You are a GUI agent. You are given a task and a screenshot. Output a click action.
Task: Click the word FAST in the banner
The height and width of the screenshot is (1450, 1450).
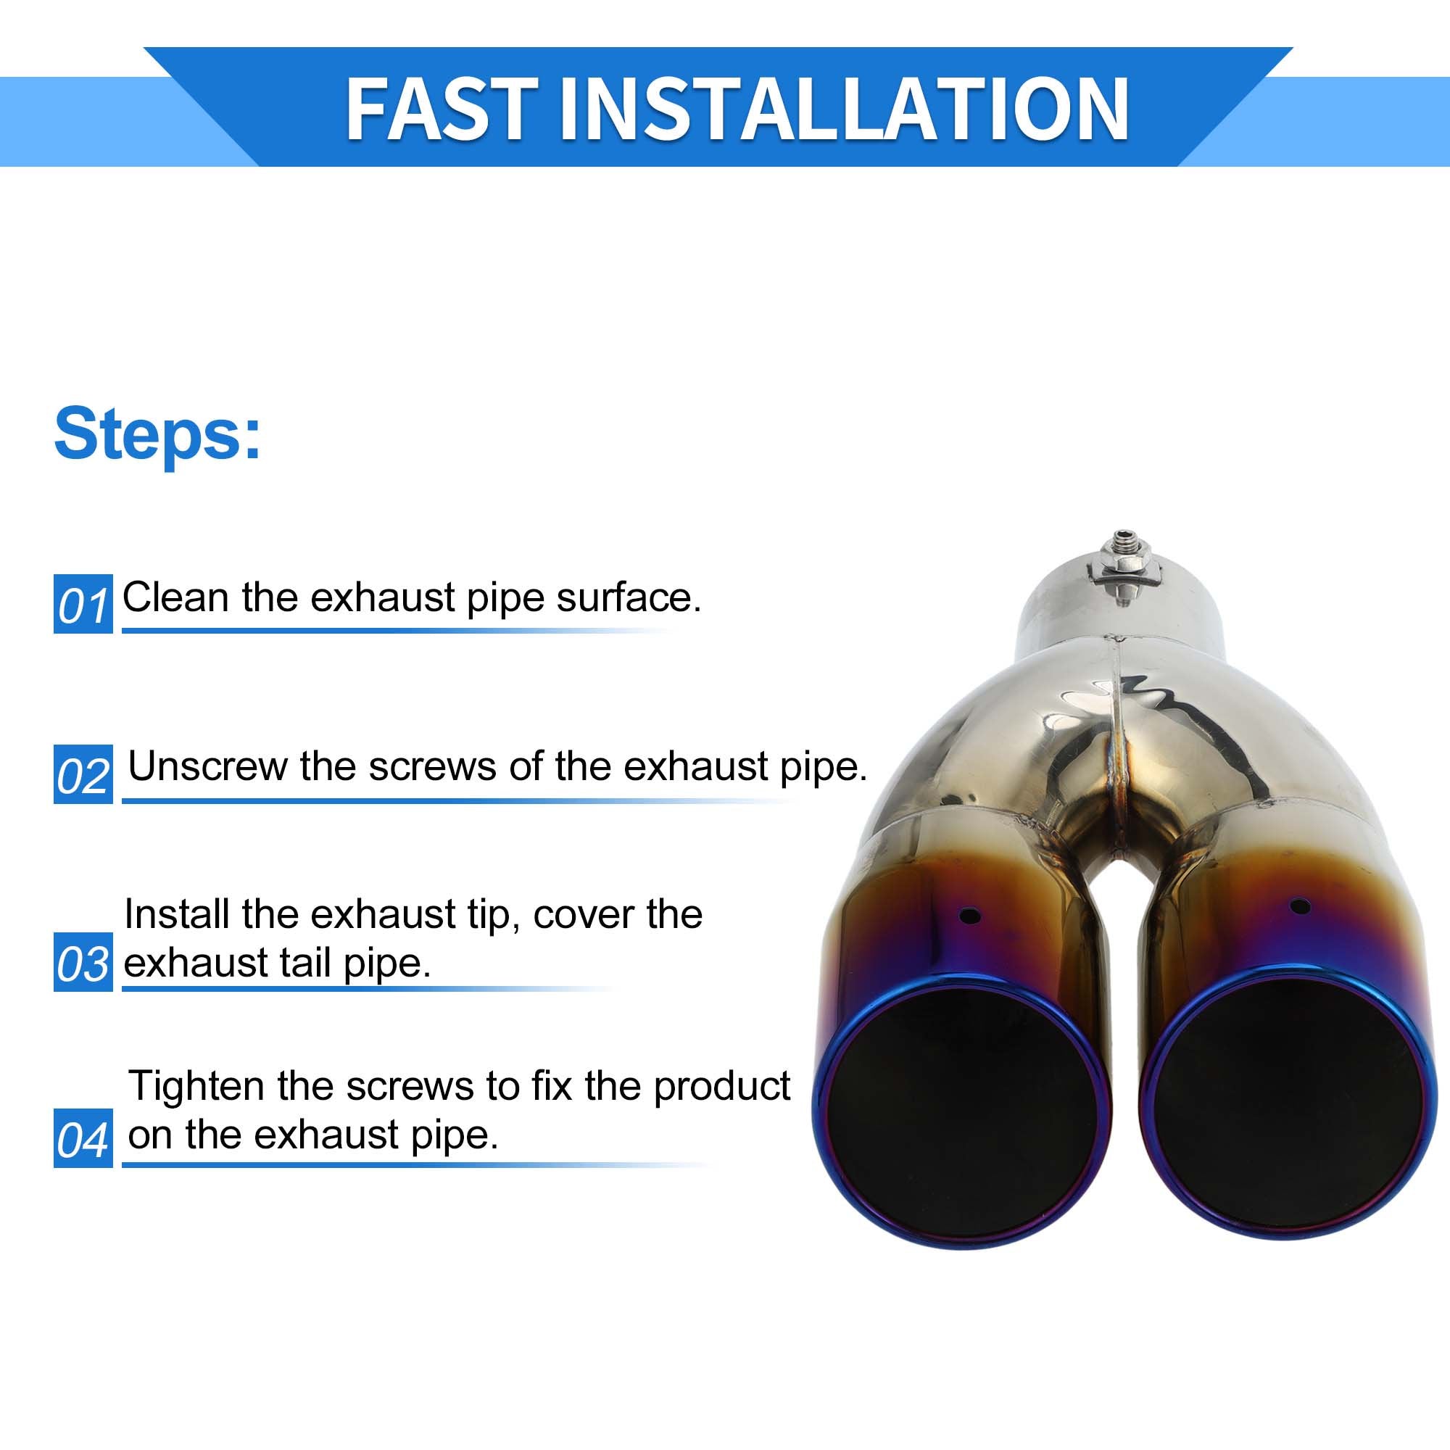click(441, 109)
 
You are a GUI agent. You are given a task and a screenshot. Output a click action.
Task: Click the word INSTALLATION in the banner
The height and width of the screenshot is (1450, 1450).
click(843, 109)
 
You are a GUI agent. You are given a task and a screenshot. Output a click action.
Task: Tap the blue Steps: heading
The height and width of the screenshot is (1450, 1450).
click(157, 434)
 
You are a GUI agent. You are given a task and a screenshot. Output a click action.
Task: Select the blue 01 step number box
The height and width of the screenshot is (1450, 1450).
click(83, 604)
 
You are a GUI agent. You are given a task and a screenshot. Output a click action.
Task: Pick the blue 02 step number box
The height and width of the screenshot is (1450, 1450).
click(83, 774)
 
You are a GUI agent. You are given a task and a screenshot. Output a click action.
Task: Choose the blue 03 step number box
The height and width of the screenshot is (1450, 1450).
click(83, 962)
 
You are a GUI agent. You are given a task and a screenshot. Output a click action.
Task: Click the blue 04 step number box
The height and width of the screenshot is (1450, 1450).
click(83, 1138)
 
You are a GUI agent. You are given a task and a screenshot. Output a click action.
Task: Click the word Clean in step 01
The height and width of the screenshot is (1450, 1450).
click(175, 597)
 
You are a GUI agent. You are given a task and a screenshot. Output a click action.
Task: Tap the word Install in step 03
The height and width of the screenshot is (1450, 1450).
click(177, 914)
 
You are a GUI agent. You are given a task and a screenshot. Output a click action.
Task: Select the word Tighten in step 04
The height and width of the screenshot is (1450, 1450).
click(196, 1087)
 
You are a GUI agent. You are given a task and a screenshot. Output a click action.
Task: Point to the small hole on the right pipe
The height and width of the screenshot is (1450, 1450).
click(1300, 906)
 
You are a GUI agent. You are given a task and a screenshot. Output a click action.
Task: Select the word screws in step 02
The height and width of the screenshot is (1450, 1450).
click(429, 768)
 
